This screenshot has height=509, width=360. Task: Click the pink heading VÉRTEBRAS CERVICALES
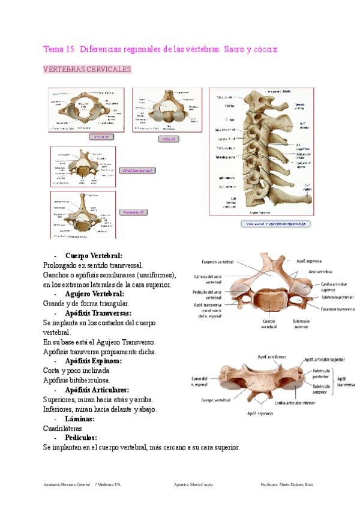click(x=87, y=69)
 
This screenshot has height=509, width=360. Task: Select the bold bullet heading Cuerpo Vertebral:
click(x=94, y=255)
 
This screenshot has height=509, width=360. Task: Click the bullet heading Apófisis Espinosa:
click(x=94, y=361)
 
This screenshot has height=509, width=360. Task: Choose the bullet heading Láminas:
click(x=80, y=418)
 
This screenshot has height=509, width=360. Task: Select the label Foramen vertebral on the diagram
click(x=218, y=262)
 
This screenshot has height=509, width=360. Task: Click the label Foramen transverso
click(x=338, y=309)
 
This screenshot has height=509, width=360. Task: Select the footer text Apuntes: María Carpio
click(x=193, y=484)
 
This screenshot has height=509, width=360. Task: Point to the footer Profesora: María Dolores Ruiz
click(x=287, y=484)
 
